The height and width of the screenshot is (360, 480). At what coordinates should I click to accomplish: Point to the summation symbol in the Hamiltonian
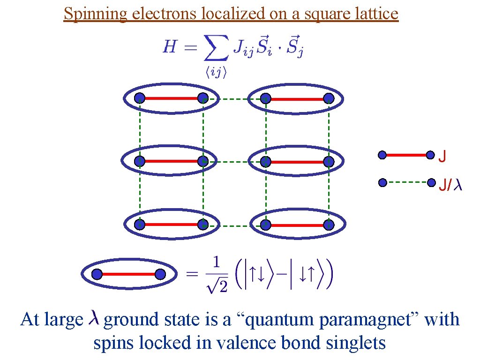tap(216, 49)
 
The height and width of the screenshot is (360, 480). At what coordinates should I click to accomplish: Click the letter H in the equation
tap(169, 47)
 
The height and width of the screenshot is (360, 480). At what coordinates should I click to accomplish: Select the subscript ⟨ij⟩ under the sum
tap(216, 73)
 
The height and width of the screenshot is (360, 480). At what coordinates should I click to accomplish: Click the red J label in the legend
tap(442, 156)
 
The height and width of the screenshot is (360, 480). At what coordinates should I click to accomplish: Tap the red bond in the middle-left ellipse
tap(171, 161)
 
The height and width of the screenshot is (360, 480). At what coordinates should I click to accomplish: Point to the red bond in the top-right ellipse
tap(297, 98)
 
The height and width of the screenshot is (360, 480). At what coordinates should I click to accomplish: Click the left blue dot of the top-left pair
tap(140, 98)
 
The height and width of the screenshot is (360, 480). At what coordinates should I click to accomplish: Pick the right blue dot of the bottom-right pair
tap(329, 225)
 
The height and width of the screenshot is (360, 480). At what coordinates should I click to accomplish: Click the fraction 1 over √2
tap(217, 274)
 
